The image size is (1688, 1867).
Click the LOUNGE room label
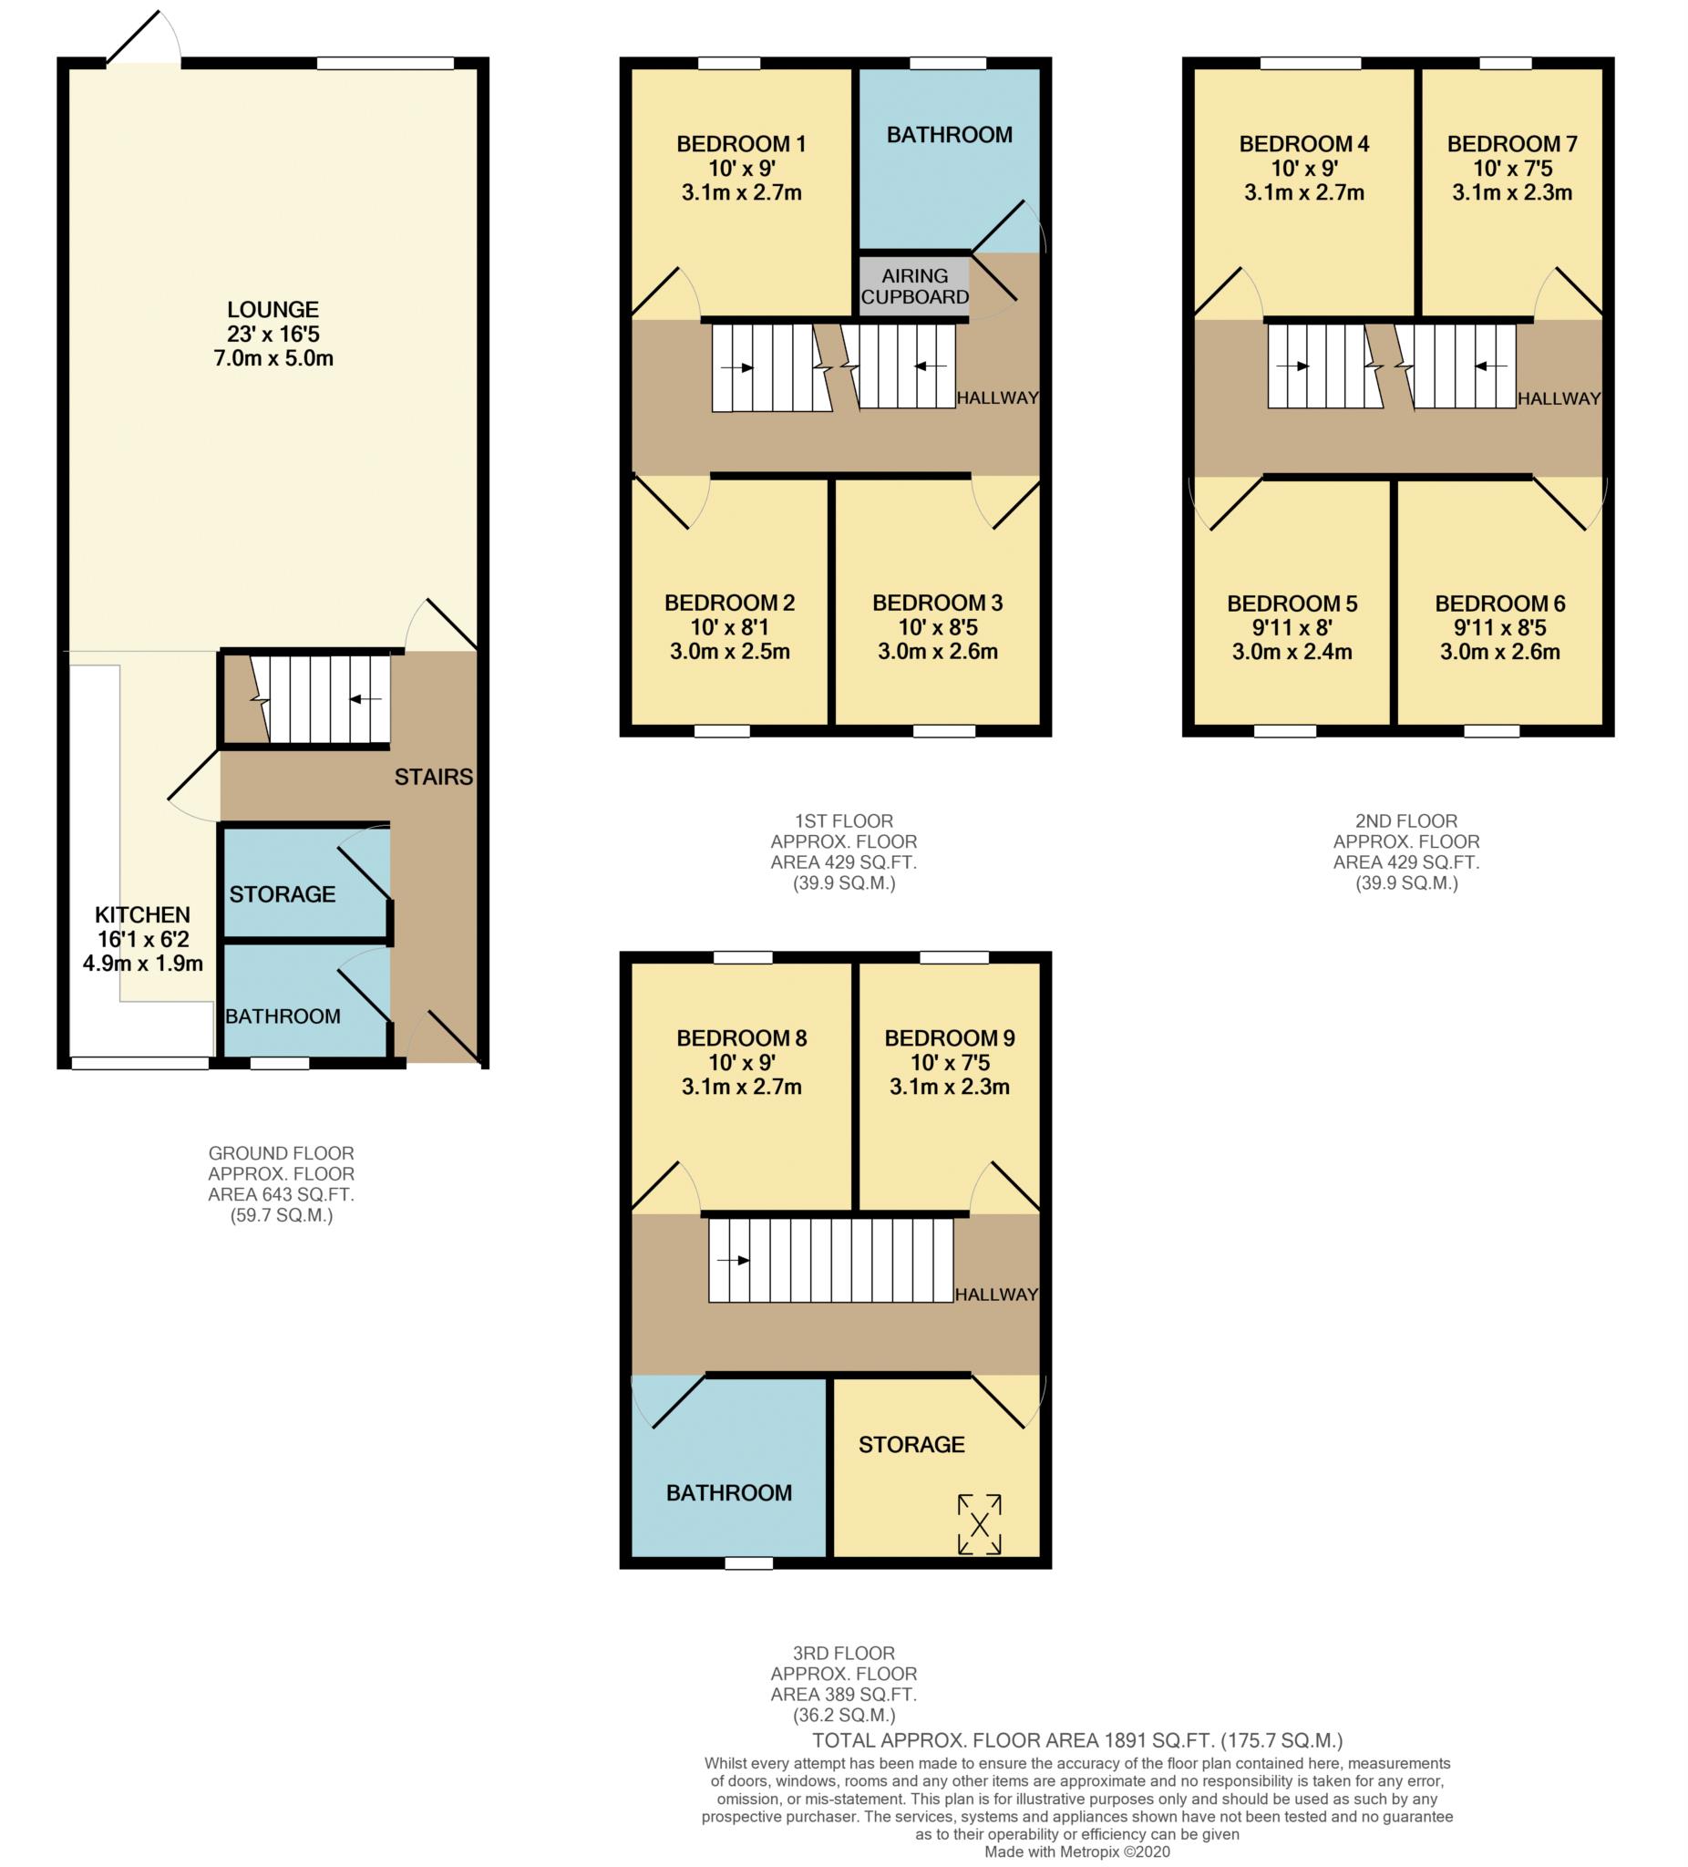tap(273, 309)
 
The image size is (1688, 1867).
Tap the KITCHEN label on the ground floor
tap(142, 914)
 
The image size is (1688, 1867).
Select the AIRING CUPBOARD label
tap(915, 286)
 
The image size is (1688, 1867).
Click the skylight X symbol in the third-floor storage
tap(980, 1523)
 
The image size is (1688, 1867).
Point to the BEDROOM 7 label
tap(1512, 143)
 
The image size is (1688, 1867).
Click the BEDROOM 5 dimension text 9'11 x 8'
tap(1292, 627)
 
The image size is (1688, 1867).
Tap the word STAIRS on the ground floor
tap(433, 776)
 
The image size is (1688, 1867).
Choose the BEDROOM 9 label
tap(949, 1038)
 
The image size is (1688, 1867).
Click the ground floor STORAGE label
tap(283, 893)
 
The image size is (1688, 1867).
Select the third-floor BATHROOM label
tap(729, 1492)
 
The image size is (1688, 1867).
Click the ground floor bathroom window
tap(280, 1063)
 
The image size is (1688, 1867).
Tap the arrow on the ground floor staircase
tap(365, 698)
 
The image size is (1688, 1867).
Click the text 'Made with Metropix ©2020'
tap(1077, 1852)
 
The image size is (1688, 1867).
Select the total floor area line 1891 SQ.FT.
tap(1077, 1740)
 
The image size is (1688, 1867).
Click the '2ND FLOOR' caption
tap(1405, 820)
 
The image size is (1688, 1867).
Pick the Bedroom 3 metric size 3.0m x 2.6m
tap(937, 651)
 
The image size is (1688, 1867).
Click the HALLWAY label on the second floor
tap(1559, 398)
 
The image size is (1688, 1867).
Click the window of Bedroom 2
tap(722, 731)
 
